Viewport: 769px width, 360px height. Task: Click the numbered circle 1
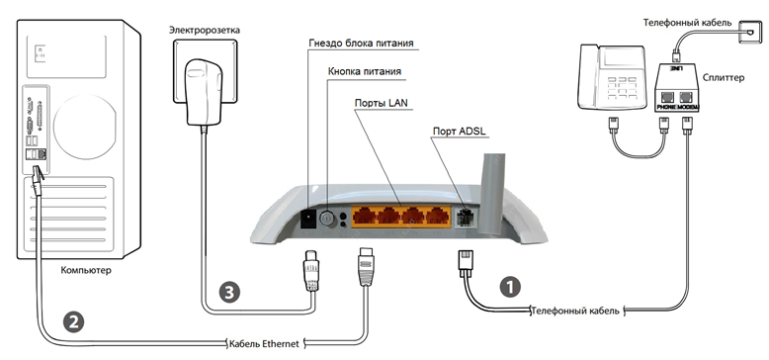510,287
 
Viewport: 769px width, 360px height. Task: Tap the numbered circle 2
73,321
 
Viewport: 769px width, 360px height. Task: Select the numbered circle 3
229,293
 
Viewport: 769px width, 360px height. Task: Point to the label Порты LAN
382,103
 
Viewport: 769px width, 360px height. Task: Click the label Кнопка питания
365,71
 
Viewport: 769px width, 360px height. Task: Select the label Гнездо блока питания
361,44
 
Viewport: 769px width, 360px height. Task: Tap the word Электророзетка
205,30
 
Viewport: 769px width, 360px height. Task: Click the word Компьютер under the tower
86,270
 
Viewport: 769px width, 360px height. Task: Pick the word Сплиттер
723,78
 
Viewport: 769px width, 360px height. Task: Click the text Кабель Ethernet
264,344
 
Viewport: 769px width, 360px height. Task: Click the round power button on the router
327,219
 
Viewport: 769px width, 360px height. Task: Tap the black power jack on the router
308,219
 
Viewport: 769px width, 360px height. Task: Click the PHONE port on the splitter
666,97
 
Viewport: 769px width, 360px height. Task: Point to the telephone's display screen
621,59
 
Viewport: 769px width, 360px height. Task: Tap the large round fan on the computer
85,127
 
